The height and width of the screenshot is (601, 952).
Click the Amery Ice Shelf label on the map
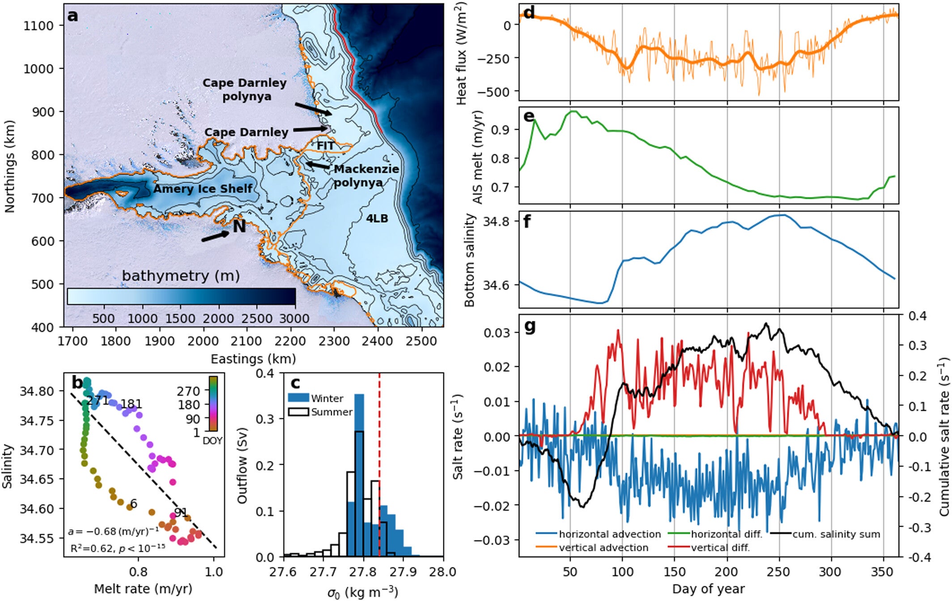[203, 189]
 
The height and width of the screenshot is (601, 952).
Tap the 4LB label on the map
[377, 218]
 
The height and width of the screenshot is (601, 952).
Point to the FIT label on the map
[325, 146]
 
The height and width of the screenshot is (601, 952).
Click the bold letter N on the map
[239, 226]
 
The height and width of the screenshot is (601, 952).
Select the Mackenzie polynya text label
[365, 175]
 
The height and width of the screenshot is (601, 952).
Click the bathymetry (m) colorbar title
[181, 276]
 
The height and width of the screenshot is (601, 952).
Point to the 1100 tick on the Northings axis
[38, 26]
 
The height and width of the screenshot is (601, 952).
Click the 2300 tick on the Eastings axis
[334, 341]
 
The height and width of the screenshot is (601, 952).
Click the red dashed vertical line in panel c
[379, 448]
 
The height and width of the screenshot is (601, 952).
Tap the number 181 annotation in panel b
[131, 404]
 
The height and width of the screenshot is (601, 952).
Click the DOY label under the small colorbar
[212, 441]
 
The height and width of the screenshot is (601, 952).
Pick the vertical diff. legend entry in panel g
[720, 547]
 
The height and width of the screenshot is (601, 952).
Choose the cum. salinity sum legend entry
[836, 534]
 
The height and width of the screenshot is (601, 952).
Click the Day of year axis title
[708, 589]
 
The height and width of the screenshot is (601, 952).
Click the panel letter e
[528, 116]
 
